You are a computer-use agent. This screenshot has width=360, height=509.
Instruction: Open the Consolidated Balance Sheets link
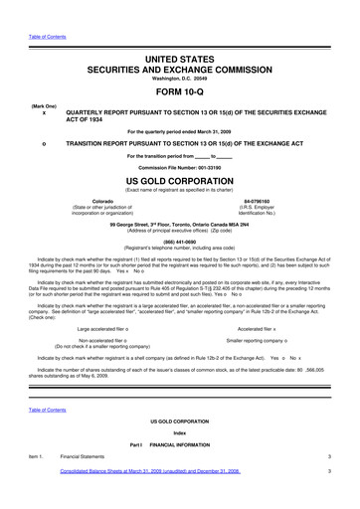[x=150, y=501]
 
